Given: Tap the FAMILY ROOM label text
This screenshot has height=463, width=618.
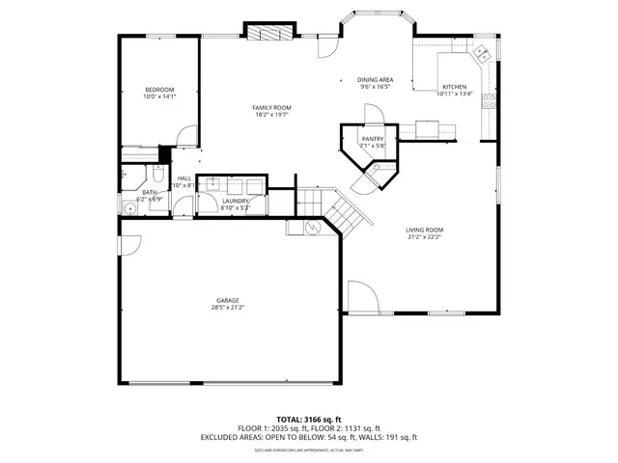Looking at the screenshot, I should (271, 107).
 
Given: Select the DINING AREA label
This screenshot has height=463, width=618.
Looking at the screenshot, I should (375, 80).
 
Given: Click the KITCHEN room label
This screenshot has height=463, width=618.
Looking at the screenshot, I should (454, 86).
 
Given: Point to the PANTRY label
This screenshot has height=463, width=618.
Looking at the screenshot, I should (373, 139).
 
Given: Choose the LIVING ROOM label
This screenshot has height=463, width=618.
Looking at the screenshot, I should (423, 230).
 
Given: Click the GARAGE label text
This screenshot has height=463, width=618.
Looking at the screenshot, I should (228, 300).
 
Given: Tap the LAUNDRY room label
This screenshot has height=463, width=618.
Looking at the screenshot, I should (235, 201).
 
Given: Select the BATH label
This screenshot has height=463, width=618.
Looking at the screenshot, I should (149, 192).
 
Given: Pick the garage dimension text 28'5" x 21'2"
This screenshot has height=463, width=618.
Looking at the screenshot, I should (228, 308).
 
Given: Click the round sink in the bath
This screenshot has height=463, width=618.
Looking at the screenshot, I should (127, 205).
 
